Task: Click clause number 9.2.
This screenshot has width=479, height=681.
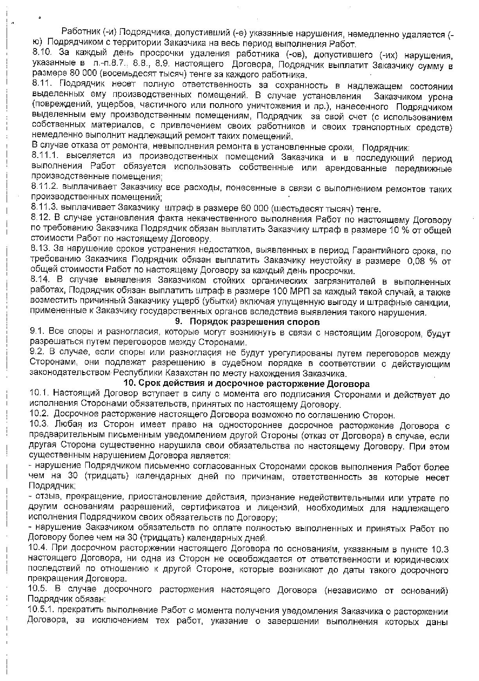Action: pyautogui.click(x=37, y=353)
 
